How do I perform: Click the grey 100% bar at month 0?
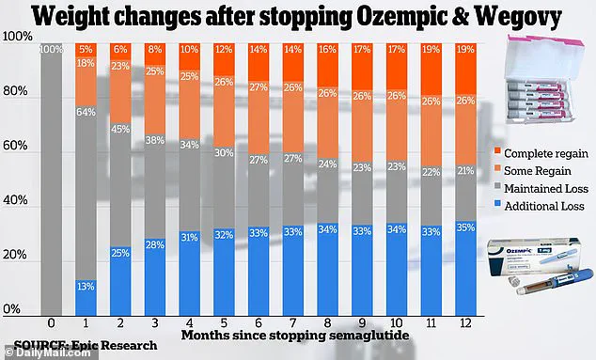(51, 179)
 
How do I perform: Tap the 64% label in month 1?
(86, 114)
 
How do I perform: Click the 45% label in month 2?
(120, 130)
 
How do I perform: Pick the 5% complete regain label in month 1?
(86, 49)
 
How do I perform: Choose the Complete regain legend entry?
(537, 151)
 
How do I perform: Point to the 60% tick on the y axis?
(19, 146)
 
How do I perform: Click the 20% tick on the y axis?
(19, 256)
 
